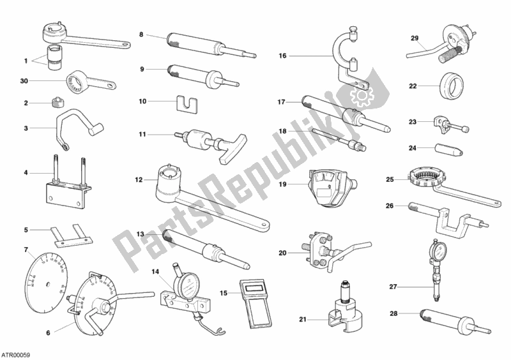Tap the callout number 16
point(282,56)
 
